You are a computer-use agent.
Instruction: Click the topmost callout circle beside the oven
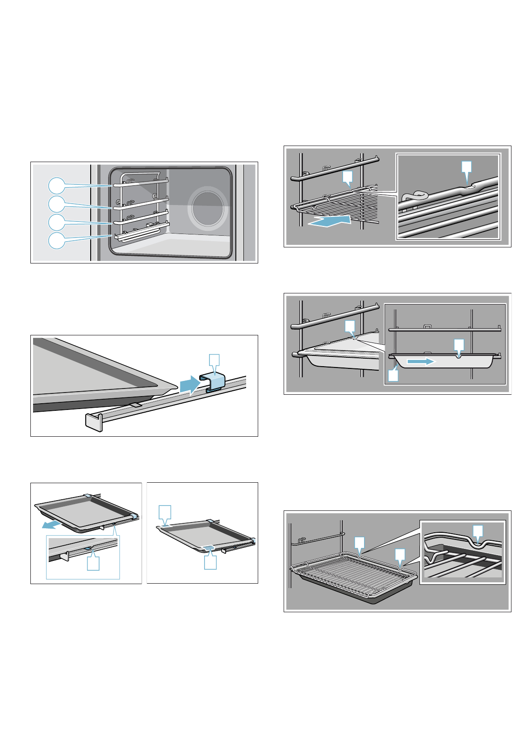coord(57,185)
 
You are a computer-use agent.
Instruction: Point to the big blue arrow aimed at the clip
coord(189,384)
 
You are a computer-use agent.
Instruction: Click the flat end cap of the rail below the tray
coord(94,421)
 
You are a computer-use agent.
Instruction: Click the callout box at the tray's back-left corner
coord(165,512)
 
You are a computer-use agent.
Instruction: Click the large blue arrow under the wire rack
coord(329,220)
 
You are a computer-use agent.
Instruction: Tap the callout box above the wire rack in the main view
coord(347,177)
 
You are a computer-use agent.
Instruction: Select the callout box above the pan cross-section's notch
coord(459,345)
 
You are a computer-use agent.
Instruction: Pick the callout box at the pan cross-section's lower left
coord(393,376)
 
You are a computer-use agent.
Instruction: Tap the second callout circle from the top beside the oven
coord(57,204)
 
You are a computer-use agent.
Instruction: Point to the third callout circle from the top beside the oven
coord(57,222)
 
